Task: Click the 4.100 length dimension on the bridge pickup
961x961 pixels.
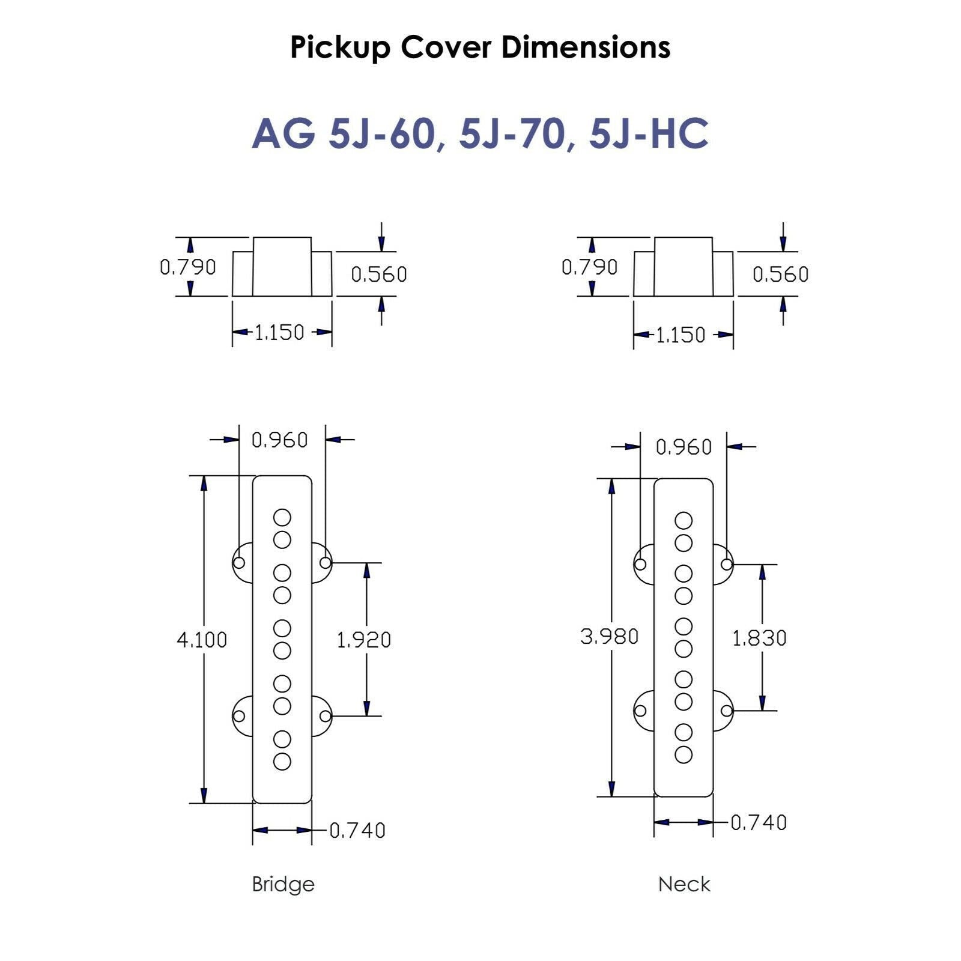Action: [x=202, y=640]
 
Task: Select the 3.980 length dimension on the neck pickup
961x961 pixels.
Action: [x=609, y=636]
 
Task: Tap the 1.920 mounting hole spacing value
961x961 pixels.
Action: [x=364, y=640]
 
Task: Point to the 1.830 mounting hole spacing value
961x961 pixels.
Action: [x=759, y=638]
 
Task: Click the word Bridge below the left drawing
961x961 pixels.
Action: [x=283, y=884]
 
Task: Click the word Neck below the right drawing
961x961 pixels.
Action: [x=684, y=884]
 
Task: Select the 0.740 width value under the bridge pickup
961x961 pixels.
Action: [x=357, y=831]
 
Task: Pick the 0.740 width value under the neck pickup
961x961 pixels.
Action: [x=759, y=822]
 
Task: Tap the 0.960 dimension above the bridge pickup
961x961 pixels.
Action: [x=279, y=440]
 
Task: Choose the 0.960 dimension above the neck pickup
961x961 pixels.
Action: [x=684, y=447]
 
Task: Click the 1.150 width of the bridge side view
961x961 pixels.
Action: [x=279, y=332]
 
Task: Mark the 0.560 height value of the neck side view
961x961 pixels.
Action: [x=780, y=274]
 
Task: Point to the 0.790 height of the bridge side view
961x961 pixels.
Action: [x=187, y=267]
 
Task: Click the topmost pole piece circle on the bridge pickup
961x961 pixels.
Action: [x=282, y=517]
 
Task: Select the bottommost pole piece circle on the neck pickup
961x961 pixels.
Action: [x=684, y=754]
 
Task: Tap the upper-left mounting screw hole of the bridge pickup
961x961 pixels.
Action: [x=239, y=563]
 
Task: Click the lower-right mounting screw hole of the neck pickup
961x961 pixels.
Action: [x=727, y=711]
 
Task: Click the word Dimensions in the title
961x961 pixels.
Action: [x=586, y=47]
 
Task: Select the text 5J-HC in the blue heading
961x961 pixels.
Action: [x=649, y=133]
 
